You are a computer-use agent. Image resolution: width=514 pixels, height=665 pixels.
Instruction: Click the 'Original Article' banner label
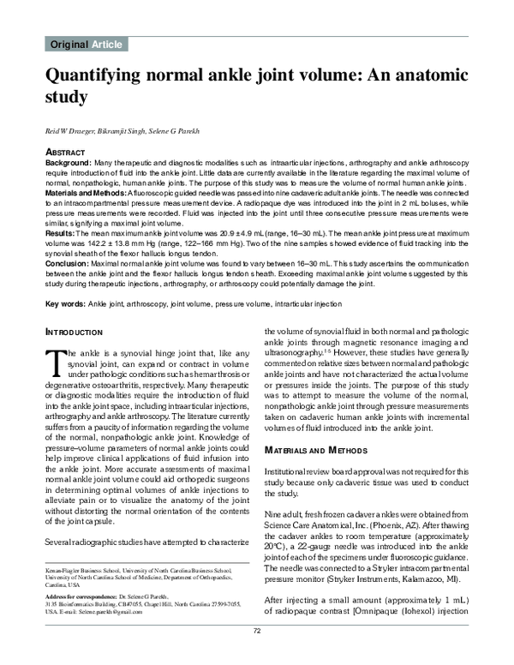pyautogui.click(x=87, y=45)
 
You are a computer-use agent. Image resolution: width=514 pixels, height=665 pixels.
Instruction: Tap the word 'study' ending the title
pyautogui.click(x=68, y=98)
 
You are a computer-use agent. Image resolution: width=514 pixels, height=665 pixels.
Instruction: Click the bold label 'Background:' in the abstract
pyautogui.click(x=68, y=162)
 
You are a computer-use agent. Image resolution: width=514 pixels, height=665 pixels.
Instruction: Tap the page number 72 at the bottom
pyautogui.click(x=256, y=655)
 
